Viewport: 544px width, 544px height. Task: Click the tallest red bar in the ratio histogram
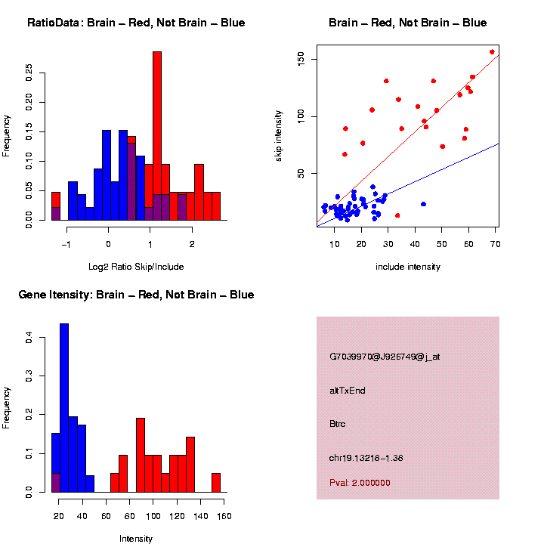coord(157,136)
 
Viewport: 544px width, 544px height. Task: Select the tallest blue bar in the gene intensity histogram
coord(64,408)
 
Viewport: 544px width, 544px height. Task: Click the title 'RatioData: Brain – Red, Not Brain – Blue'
coord(136,23)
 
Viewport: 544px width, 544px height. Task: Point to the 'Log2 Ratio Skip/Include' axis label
coord(135,267)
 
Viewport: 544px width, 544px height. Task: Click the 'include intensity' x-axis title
coord(408,267)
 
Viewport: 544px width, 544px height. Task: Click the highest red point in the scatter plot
coord(492,52)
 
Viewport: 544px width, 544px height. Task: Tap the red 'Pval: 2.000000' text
coord(360,483)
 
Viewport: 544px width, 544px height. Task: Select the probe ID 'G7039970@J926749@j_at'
coord(385,357)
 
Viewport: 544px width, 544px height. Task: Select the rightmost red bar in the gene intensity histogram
coord(215,483)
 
